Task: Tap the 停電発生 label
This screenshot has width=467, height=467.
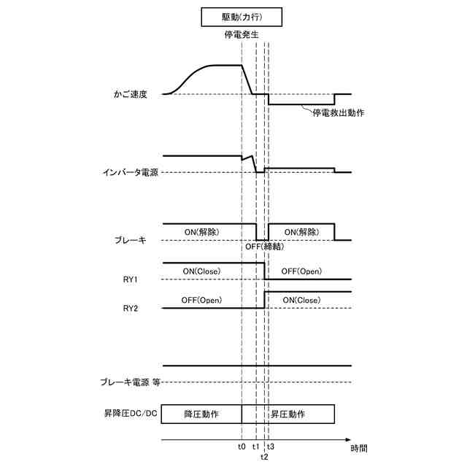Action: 242,34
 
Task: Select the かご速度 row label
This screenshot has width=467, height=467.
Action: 131,94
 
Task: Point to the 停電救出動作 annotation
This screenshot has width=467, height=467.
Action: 338,113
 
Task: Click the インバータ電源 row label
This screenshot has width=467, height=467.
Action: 131,172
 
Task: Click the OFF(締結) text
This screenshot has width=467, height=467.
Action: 264,247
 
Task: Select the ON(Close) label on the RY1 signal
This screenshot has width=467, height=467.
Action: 201,271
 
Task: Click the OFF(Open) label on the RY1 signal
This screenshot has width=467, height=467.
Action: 301,271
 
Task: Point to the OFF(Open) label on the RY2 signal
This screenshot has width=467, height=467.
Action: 201,300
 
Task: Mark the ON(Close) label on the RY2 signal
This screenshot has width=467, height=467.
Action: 301,300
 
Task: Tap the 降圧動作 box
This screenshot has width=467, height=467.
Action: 201,414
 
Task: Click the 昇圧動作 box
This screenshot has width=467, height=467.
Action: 287,414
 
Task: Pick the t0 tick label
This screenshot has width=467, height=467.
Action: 242,447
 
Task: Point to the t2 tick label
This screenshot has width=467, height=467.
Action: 264,457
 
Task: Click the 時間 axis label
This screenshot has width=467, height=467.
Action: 359,447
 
